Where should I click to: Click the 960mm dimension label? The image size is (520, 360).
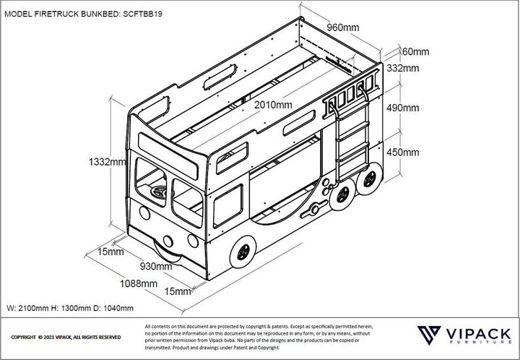[342, 28]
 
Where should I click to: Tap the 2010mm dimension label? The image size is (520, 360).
[274, 106]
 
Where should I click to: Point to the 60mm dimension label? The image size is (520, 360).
[415, 51]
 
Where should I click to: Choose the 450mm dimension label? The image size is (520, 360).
[402, 153]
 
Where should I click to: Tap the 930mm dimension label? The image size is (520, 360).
[155, 267]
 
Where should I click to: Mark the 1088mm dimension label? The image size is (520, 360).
[139, 283]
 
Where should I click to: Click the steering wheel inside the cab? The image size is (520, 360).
[159, 192]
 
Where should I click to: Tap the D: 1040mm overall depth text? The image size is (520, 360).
[114, 308]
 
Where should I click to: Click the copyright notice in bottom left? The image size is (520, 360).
[66, 338]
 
